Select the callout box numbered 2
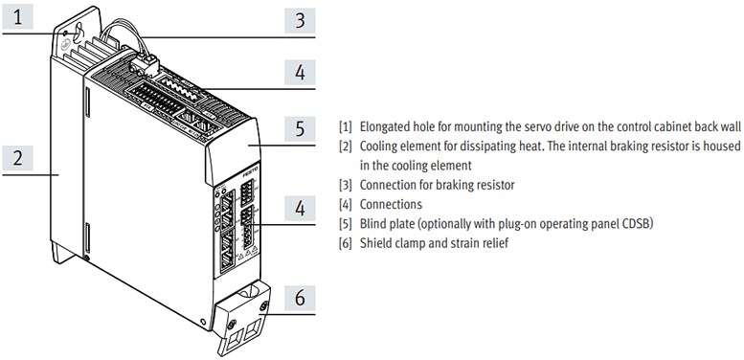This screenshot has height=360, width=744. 19,158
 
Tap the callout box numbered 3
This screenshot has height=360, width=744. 300,19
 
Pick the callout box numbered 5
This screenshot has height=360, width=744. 300,128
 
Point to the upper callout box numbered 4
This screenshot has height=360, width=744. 300,72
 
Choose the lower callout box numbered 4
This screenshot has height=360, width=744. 300,206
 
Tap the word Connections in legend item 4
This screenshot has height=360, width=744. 391,204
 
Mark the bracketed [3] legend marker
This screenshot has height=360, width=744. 346,185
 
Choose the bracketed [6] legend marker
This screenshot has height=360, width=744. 346,243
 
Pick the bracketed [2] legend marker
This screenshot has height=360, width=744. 346,146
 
